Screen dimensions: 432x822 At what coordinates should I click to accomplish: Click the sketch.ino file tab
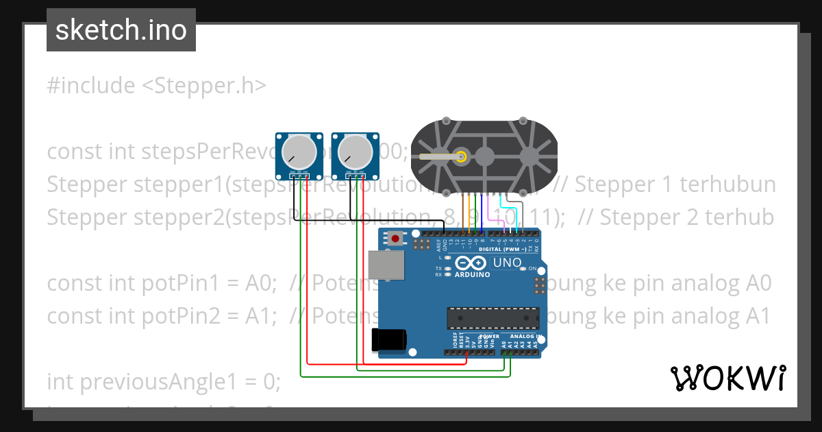[121, 30]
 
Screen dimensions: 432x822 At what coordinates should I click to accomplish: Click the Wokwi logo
[727, 378]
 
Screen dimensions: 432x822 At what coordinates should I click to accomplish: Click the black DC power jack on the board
[388, 340]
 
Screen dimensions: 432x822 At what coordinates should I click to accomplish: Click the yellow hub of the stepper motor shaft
[462, 156]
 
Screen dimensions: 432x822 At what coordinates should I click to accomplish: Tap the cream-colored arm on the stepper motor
[438, 156]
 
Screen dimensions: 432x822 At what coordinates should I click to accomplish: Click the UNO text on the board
[508, 263]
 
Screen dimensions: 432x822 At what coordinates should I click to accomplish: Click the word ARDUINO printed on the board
[473, 274]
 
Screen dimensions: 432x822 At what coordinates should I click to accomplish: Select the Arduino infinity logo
[471, 263]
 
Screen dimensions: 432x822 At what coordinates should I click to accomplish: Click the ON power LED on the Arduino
[523, 268]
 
